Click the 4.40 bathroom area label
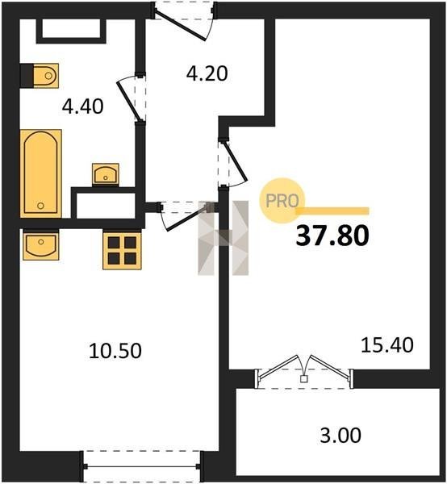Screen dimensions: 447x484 pos(83,106)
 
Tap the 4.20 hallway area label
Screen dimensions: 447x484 pos(207,73)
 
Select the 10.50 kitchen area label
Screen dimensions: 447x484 pos(115,351)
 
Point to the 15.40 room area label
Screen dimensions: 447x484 pos(387,344)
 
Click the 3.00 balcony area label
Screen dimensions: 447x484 pos(340,436)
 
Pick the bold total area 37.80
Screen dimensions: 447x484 pos(332,236)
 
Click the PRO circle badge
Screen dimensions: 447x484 pos(282,201)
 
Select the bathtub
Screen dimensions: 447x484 pos(41,173)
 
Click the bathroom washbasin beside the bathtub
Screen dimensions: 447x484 pos(106,174)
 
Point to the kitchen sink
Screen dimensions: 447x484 pos(41,244)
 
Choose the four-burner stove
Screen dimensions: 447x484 pos(123,251)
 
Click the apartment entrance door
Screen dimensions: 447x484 pos(184,22)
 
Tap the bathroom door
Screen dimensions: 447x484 pos(131,98)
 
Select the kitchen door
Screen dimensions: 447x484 pos(186,215)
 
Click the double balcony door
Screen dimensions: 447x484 pos(304,371)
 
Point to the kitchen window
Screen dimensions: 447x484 pos(142,466)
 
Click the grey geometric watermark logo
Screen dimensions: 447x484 pos(223,238)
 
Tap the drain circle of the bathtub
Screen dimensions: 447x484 pos(40,206)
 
